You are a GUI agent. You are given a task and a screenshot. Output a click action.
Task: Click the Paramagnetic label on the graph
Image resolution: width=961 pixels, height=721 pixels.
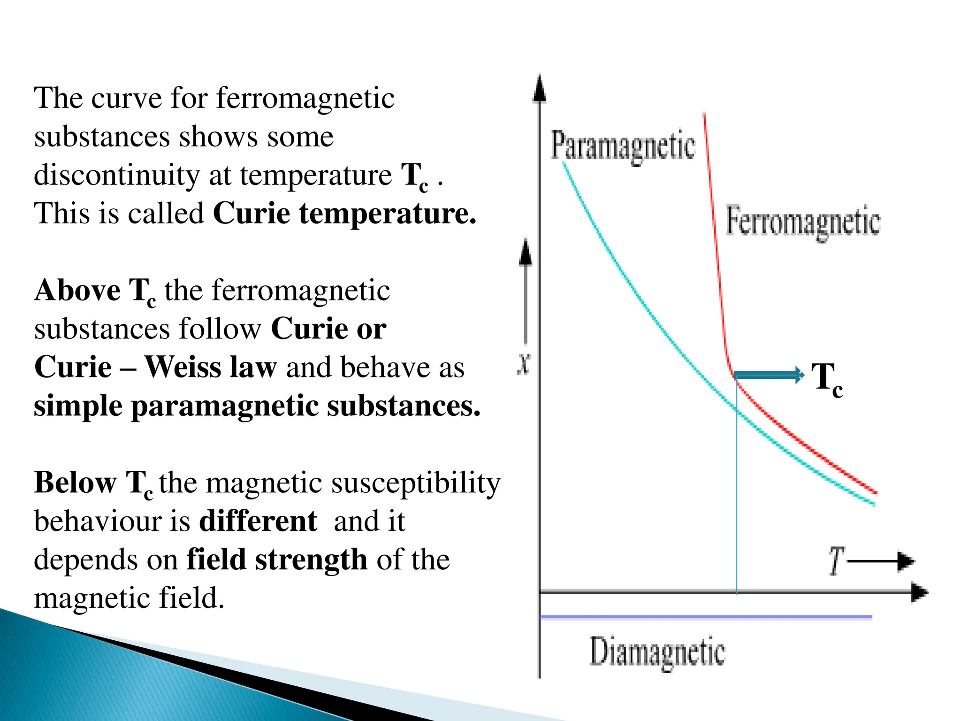[x=623, y=146]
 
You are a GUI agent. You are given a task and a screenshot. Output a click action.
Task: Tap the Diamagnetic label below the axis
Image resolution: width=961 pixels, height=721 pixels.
[x=657, y=652]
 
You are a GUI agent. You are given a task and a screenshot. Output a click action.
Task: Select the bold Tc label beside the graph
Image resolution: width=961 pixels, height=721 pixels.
[x=826, y=379]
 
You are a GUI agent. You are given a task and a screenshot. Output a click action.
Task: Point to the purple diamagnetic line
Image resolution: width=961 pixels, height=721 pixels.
[x=704, y=617]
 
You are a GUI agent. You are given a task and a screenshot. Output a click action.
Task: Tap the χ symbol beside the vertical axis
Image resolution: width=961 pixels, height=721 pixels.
[x=524, y=363]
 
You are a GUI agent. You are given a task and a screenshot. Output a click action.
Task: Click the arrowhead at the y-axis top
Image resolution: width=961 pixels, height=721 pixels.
[x=540, y=89]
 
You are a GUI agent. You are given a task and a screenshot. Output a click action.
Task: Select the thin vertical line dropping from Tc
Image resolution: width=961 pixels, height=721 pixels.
[x=737, y=493]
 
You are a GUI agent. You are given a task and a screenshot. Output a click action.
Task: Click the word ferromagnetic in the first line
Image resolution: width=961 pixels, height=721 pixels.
[x=305, y=99]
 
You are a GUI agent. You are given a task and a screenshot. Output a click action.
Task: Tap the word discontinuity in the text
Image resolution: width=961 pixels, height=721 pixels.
[x=117, y=175]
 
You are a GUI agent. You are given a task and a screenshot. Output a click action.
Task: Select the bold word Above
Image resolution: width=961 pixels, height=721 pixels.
[x=77, y=290]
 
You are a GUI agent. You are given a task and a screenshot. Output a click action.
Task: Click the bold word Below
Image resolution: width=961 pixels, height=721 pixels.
[x=75, y=483]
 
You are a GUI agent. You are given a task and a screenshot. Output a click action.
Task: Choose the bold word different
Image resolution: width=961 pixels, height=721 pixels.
[x=258, y=521]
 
